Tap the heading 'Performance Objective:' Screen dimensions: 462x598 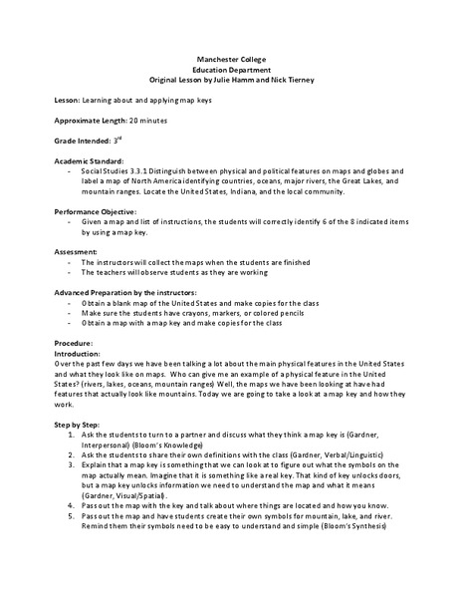[99, 215]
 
